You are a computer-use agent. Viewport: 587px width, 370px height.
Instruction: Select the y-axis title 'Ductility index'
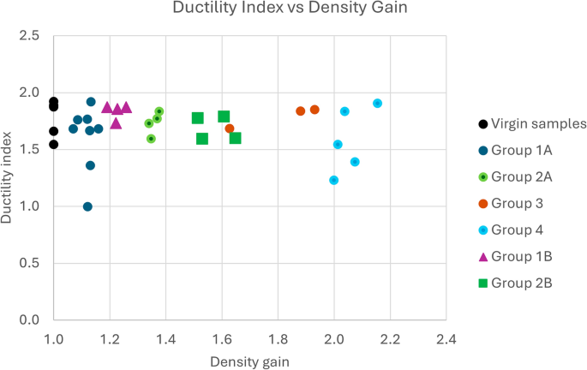click(9, 178)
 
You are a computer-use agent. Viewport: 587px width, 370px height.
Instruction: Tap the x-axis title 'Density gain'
click(249, 361)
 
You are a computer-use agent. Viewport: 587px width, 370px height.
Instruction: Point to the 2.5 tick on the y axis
click(29, 36)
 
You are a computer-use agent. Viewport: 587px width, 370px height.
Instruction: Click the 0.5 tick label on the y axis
click(29, 263)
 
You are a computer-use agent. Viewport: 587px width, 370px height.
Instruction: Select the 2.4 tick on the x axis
click(446, 337)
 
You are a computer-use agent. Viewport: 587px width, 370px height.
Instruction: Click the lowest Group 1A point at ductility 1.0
click(87, 206)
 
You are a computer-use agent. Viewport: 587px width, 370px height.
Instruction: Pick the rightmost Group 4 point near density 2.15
click(377, 104)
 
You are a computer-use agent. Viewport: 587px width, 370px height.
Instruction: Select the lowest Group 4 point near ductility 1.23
click(334, 180)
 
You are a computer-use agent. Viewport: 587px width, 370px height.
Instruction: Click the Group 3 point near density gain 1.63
click(230, 128)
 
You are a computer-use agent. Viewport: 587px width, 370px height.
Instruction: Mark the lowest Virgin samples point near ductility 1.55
click(54, 144)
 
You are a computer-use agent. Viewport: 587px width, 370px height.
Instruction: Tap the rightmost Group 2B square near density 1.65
click(236, 138)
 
